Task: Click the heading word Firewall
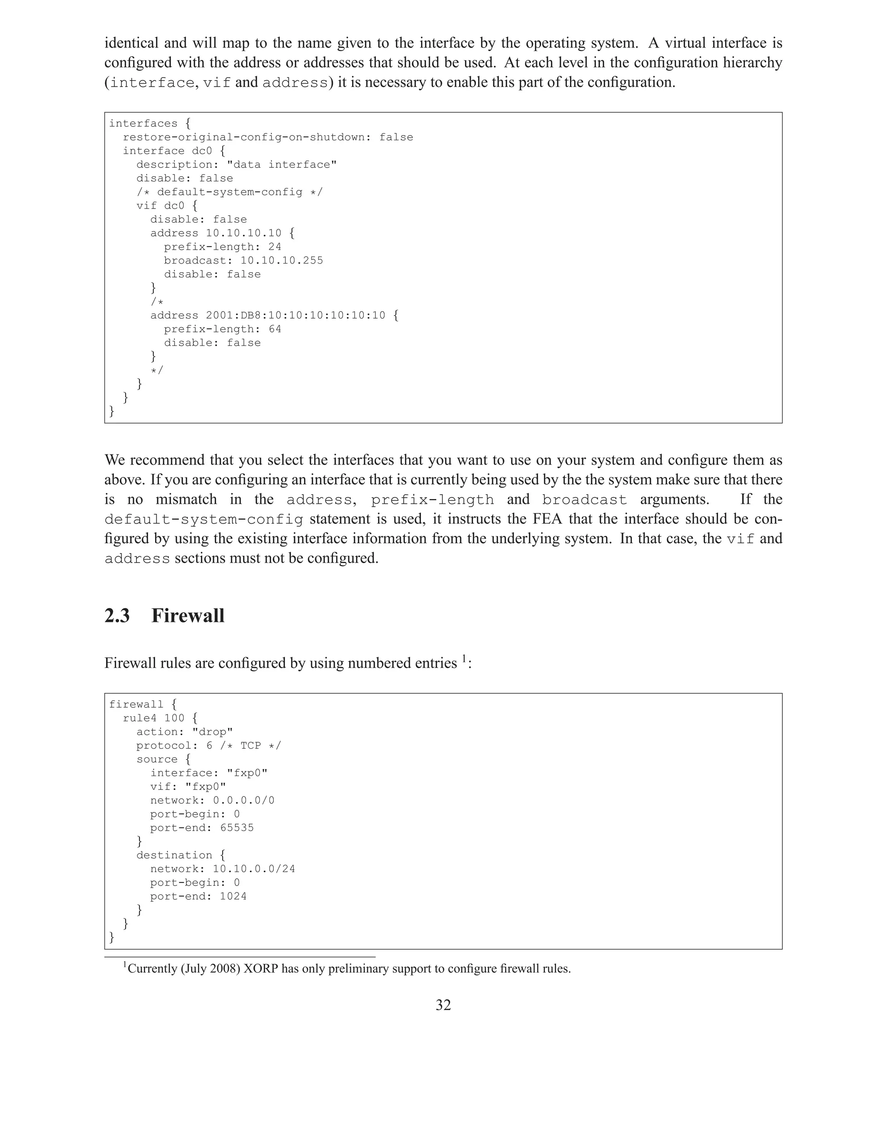(188, 615)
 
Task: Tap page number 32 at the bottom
(443, 1005)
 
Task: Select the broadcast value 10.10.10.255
(282, 261)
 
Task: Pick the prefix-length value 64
(275, 329)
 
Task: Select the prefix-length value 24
(275, 247)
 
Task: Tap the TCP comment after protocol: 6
(251, 745)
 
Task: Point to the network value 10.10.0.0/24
(254, 869)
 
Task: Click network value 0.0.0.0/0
(243, 800)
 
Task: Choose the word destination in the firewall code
(174, 855)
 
